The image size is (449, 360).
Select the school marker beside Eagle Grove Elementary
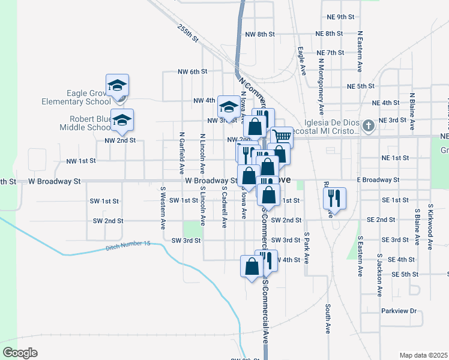118,86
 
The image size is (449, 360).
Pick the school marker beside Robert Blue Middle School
122,121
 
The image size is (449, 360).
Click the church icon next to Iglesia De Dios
369,126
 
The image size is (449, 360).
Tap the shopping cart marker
281,137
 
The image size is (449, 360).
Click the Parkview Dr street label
399,311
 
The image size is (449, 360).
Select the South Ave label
328,319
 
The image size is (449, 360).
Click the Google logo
20,353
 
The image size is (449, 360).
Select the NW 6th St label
192,71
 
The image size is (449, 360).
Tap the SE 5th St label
405,274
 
